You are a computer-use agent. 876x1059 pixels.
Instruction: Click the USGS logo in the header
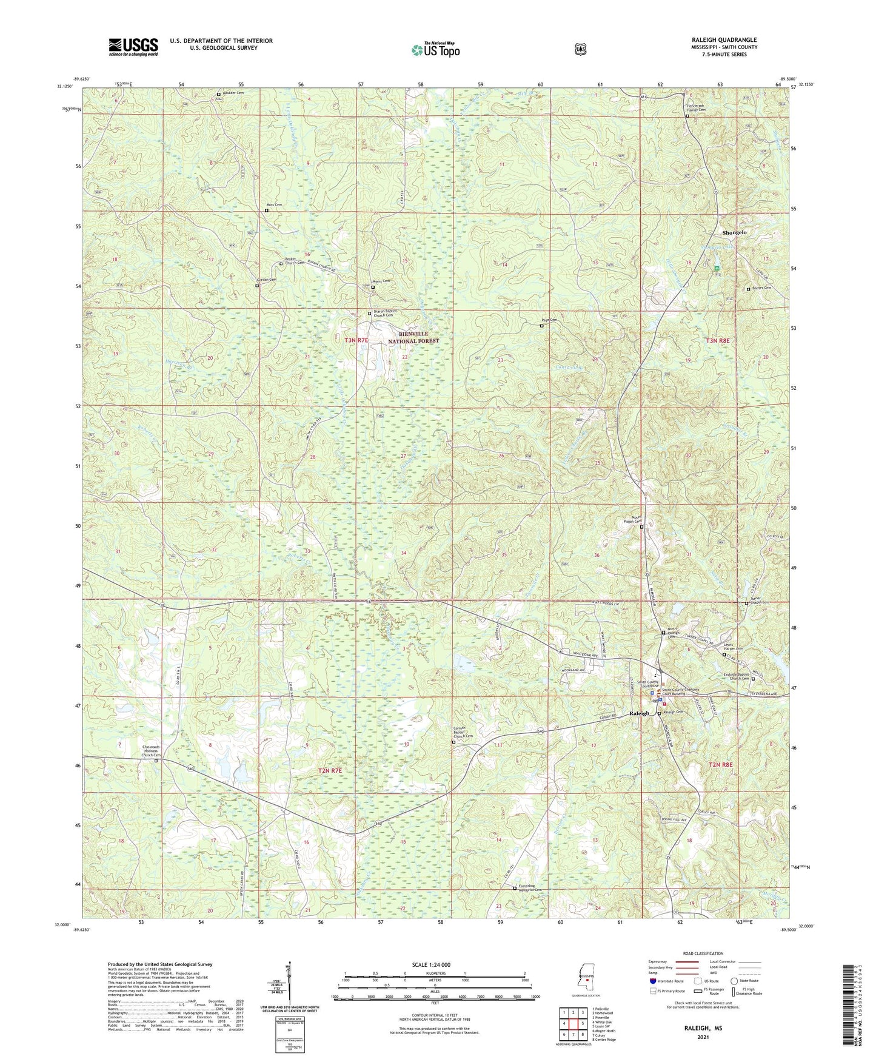[133, 47]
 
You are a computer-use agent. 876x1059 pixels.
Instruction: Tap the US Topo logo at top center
[435, 50]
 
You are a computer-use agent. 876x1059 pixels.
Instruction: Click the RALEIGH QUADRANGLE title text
[721, 40]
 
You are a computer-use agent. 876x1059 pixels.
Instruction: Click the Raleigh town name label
[639, 713]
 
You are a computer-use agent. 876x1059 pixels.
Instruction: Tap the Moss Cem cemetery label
[274, 205]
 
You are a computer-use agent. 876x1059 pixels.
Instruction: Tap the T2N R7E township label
[330, 770]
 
